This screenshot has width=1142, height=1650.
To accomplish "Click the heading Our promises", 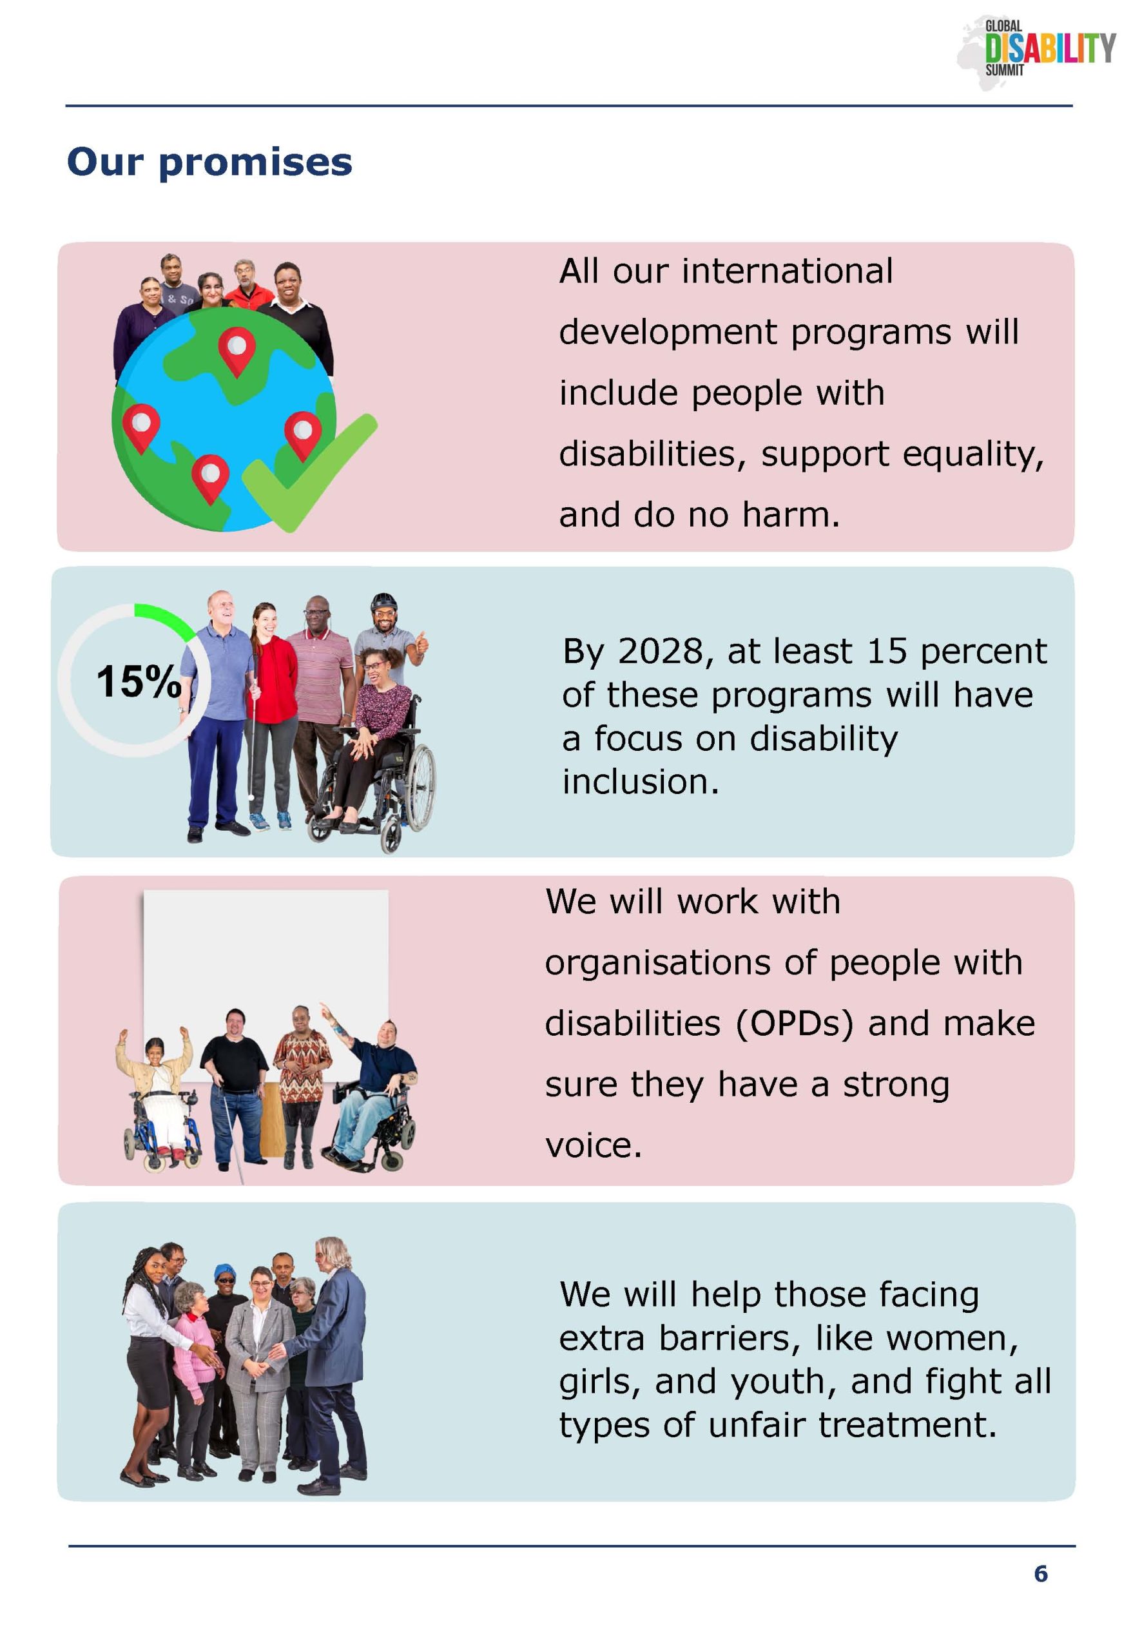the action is pos(209,162).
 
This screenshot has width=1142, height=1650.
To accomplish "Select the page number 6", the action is pos(1040,1573).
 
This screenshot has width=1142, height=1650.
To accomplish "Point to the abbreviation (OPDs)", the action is pos(794,1024).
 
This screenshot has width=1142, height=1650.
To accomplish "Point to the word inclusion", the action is pos(641,782).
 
